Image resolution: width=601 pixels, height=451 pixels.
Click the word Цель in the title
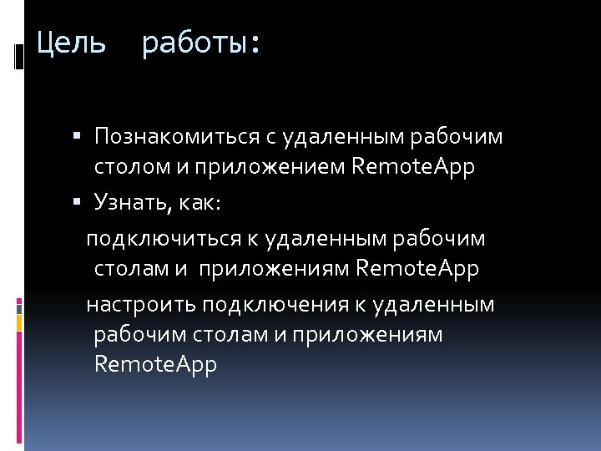tap(71, 43)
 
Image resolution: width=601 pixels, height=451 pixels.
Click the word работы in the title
tap(200, 43)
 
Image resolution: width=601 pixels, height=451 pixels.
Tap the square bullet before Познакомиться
tap(76, 135)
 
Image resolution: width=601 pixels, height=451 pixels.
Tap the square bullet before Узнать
tap(76, 202)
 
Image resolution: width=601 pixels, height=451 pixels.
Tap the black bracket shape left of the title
tap(19, 56)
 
